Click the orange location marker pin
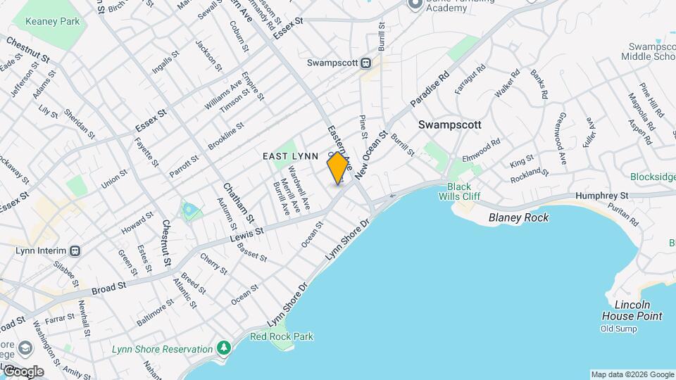click(x=338, y=168)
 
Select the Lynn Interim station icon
click(x=75, y=251)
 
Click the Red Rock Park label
click(x=281, y=336)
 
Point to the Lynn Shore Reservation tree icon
click(x=224, y=348)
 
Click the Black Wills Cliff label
click(x=459, y=192)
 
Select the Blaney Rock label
click(x=519, y=217)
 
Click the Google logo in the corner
click(x=23, y=372)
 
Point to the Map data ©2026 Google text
click(x=632, y=374)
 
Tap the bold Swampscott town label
click(x=449, y=125)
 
